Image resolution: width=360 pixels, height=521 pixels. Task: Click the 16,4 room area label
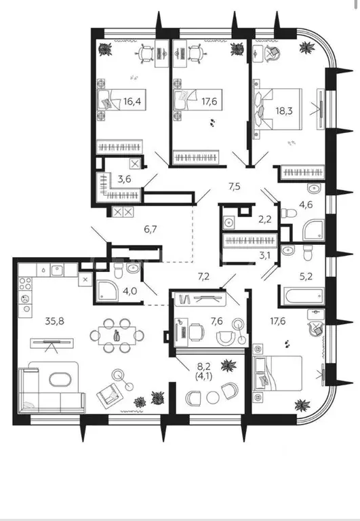[132, 101]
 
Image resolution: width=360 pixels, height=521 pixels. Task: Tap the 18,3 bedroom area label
[284, 111]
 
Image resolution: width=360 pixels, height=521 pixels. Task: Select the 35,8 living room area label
[55, 321]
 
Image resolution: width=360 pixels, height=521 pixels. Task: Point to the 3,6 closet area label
[124, 179]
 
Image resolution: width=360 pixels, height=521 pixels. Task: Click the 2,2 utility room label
[265, 219]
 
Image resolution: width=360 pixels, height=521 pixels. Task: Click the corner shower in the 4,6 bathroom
[313, 229]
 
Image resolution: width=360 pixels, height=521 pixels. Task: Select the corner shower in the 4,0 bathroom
[107, 291]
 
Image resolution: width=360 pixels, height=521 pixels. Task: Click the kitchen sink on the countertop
[57, 270]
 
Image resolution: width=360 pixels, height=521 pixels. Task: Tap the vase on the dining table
[117, 335]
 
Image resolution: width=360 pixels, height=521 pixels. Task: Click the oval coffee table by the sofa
[60, 379]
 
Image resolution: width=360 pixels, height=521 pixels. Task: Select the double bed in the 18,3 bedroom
[278, 109]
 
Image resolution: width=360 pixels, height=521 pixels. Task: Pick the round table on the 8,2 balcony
[213, 398]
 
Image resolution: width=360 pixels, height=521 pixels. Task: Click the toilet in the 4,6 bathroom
[289, 212]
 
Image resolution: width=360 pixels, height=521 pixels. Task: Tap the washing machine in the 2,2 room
[228, 222]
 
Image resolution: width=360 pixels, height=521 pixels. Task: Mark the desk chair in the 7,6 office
[197, 332]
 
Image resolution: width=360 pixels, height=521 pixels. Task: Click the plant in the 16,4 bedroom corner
[105, 50]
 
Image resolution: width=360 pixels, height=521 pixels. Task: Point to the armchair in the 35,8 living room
[109, 395]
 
